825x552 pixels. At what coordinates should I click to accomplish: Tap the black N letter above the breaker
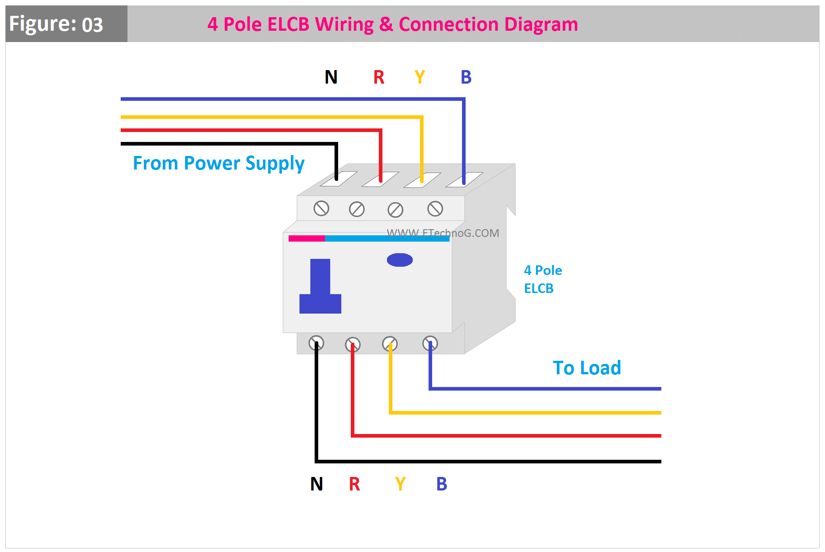(331, 77)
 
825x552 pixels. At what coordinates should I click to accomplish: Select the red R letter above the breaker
(379, 77)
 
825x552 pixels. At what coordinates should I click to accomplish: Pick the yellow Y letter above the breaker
(420, 77)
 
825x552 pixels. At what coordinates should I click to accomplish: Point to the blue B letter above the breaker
(466, 77)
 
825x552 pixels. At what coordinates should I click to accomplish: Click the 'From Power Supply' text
(218, 163)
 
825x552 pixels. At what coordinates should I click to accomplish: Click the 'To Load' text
(587, 368)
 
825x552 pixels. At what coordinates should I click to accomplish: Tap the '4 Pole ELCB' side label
(542, 279)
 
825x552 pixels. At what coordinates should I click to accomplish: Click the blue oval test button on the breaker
(400, 260)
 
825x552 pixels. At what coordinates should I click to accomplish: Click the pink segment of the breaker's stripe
(306, 238)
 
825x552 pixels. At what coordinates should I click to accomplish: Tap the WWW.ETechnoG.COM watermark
(443, 233)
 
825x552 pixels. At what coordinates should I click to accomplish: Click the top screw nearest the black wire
(321, 208)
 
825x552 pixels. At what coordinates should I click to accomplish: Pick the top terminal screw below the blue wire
(435, 209)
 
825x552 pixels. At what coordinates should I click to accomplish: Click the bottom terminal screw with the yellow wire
(390, 344)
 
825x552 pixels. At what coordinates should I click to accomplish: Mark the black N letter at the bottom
(316, 484)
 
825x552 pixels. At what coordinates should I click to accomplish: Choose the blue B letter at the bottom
(442, 484)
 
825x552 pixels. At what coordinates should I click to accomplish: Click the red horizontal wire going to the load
(506, 436)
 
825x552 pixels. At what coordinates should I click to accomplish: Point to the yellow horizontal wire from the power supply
(271, 117)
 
